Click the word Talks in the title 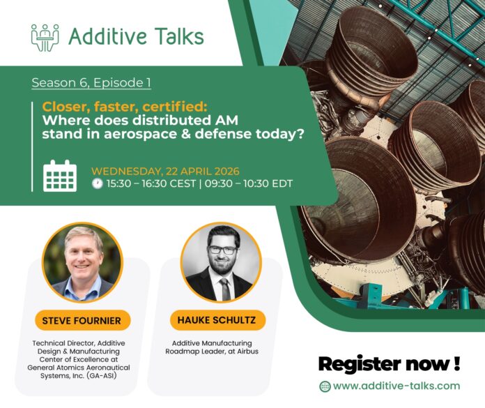click(x=174, y=37)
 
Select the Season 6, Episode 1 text click(x=91, y=82)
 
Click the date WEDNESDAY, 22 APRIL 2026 click(x=164, y=170)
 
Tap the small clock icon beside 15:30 click(x=97, y=184)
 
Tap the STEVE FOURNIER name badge click(x=82, y=320)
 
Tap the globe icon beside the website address click(x=325, y=386)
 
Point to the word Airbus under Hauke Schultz click(x=245, y=352)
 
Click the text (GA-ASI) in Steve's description click(x=108, y=376)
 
